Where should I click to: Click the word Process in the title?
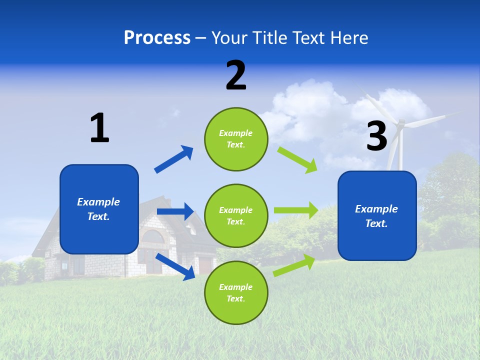157,38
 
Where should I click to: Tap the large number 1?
99,128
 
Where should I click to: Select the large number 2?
236,75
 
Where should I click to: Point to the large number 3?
376,136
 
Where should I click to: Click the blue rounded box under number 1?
99,209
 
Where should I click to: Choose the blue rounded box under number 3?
377,215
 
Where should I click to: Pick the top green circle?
236,139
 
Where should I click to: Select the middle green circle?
236,215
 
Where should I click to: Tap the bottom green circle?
236,292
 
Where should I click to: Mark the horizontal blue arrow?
175,211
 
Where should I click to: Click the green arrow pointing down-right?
297,159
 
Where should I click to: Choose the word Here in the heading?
349,38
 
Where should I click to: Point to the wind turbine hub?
400,124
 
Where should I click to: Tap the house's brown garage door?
205,265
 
